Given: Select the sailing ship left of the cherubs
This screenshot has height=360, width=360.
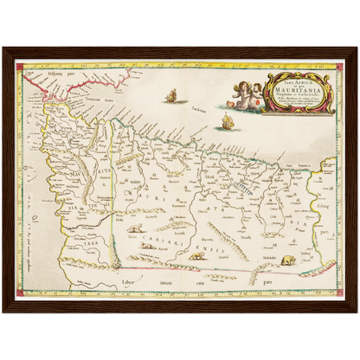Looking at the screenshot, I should tap(170, 95).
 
